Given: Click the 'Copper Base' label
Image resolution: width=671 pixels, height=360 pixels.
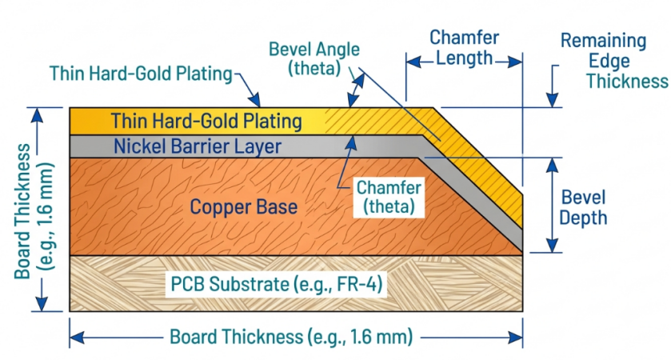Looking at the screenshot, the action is coord(243,207).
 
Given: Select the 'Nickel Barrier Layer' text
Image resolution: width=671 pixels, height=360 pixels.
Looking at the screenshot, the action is coord(198,146).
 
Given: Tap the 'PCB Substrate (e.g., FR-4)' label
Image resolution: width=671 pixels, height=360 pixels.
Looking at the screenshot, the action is coord(277,284).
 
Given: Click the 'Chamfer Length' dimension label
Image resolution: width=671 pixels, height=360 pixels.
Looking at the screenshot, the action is coord(465,47).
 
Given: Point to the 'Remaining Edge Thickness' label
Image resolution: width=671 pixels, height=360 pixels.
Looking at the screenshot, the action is coord(615,61).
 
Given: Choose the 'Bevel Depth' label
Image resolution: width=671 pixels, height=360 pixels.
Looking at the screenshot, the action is coord(583,208).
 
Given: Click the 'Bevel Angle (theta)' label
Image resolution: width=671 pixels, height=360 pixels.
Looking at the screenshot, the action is coord(314,58).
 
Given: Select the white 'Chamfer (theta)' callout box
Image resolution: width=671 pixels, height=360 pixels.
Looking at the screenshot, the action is coord(389,198).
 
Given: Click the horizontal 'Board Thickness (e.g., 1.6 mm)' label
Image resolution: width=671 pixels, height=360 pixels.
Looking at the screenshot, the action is coord(291,337).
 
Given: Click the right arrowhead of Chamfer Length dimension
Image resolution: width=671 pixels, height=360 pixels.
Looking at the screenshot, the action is coord(515,62).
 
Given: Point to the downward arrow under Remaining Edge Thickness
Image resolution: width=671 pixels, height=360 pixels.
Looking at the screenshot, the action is coord(553,86).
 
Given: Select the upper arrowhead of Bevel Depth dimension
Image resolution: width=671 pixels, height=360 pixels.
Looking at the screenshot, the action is coord(553,165).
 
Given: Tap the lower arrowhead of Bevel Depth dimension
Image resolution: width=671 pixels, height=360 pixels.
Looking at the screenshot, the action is coord(553,246).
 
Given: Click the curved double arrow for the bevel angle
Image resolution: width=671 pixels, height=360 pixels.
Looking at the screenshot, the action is coord(356,89).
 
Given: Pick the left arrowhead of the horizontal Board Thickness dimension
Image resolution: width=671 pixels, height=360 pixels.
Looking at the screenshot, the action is coord(77,338).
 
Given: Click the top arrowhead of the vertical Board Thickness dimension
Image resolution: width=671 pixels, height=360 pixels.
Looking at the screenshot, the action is coord(38,114).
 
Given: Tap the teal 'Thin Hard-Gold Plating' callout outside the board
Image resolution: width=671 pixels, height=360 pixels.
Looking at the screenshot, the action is coord(141,74).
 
